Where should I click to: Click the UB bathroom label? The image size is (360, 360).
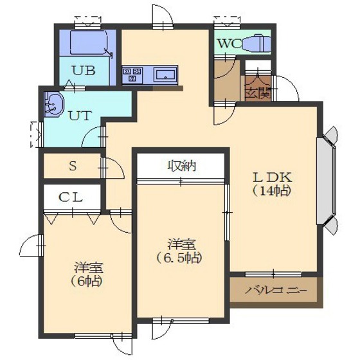pos(84,71)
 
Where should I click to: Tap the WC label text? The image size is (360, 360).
pos(229,44)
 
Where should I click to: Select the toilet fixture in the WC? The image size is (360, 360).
pos(256,43)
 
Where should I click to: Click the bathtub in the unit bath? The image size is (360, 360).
pos(89,42)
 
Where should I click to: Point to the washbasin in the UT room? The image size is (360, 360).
pos(53,104)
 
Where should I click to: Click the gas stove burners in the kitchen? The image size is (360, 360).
pos(132,75)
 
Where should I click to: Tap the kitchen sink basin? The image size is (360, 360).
pos(165,75)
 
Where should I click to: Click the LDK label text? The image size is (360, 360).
pos(273,177)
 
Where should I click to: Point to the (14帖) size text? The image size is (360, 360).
pos(272,190)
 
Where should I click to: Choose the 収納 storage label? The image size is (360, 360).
pos(182,166)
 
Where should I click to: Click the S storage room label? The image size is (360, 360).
pos(73,166)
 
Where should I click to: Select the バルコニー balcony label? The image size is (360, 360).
pos(276,291)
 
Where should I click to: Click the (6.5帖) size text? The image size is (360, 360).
pos(179,258)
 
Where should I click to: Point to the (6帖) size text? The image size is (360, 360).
pos(86,280)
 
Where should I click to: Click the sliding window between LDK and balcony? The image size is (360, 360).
pos(273,274)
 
